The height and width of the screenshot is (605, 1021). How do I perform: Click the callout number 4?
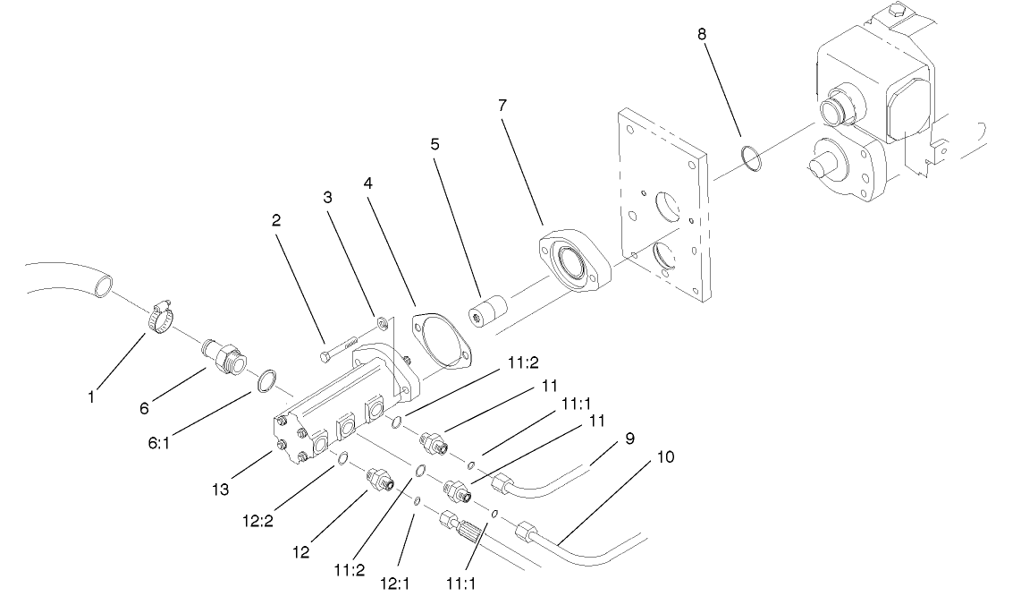click(x=367, y=184)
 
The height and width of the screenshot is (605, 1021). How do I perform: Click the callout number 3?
click(x=328, y=196)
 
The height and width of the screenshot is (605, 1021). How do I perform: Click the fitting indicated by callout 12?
click(x=377, y=480)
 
